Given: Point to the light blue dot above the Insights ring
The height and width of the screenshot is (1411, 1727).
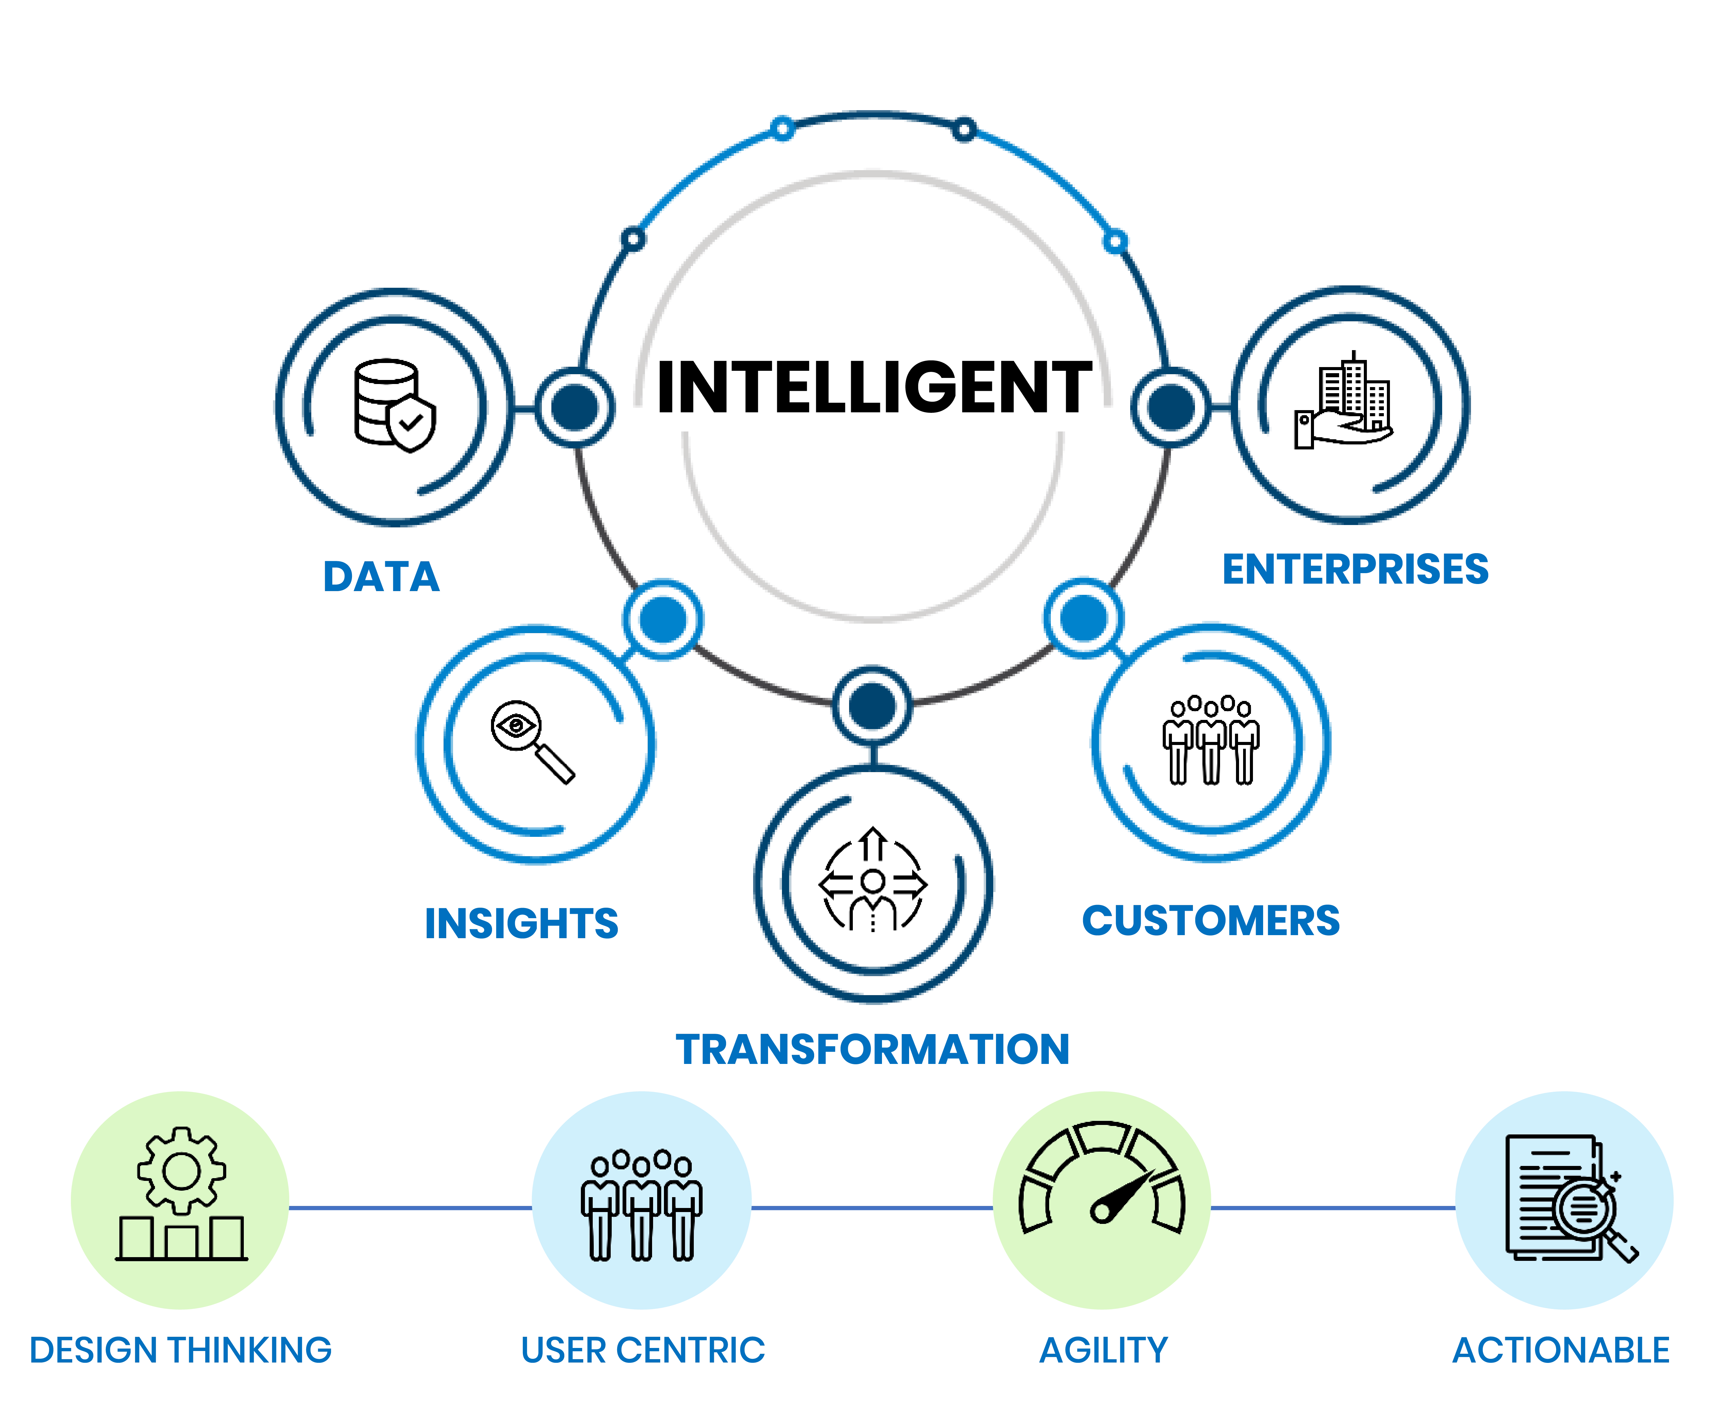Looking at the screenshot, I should (663, 620).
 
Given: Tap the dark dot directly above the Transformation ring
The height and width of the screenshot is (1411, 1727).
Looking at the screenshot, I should (871, 706).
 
